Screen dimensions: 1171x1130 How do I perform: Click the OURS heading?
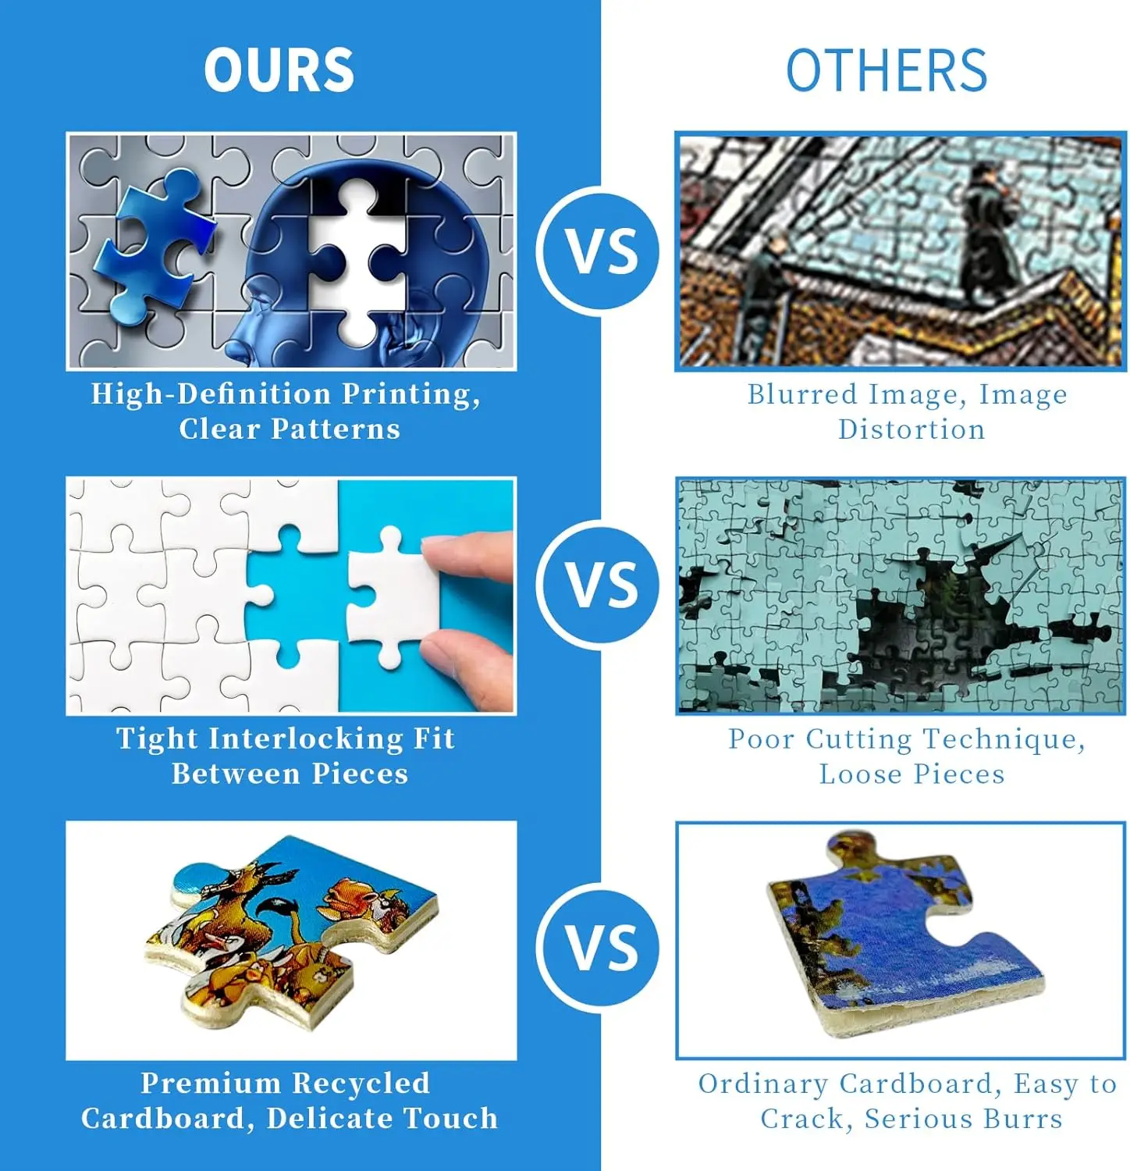pyautogui.click(x=279, y=70)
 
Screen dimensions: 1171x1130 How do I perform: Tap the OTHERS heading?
pyautogui.click(x=886, y=70)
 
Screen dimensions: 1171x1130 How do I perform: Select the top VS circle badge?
pyautogui.click(x=601, y=251)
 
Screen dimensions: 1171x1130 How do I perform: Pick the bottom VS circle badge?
pyautogui.click(x=601, y=948)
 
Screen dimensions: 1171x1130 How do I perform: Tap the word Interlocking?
pyautogui.click(x=306, y=739)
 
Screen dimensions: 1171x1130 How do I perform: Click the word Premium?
pyautogui.click(x=211, y=1084)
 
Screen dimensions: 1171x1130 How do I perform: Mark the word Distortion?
pyautogui.click(x=911, y=429)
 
